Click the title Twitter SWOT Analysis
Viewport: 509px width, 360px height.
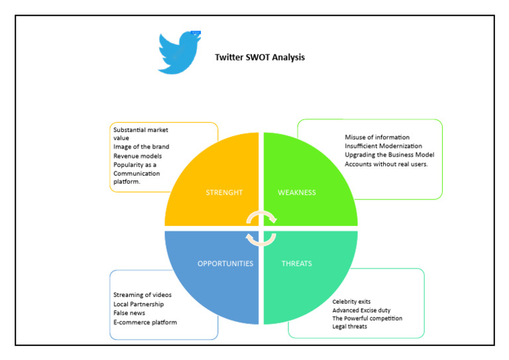pyautogui.click(x=260, y=57)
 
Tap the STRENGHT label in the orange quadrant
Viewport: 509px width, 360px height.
pyautogui.click(x=224, y=193)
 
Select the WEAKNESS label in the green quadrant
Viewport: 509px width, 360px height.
pyautogui.click(x=297, y=193)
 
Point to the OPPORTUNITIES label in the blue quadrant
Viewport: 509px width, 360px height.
pyautogui.click(x=225, y=263)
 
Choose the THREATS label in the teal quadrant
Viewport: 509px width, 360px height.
pyautogui.click(x=296, y=263)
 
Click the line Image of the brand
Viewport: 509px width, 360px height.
pyautogui.click(x=141, y=147)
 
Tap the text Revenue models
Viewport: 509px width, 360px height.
pyautogui.click(x=137, y=156)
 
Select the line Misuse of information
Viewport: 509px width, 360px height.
pyautogui.click(x=377, y=137)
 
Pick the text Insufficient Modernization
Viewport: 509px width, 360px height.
pyautogui.click(x=383, y=146)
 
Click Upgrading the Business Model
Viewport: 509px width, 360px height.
pyautogui.click(x=389, y=154)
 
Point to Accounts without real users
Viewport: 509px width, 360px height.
pyautogui.click(x=386, y=164)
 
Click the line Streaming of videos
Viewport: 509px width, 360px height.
pyautogui.click(x=142, y=294)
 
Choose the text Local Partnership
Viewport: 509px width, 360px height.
pyautogui.click(x=139, y=304)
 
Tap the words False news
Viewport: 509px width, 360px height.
pyautogui.click(x=129, y=313)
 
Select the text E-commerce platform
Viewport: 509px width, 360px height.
pyautogui.click(x=145, y=322)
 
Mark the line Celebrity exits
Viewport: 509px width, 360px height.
pyautogui.click(x=351, y=302)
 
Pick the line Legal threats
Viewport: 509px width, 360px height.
pyautogui.click(x=349, y=326)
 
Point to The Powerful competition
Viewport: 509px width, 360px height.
pyautogui.click(x=367, y=318)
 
